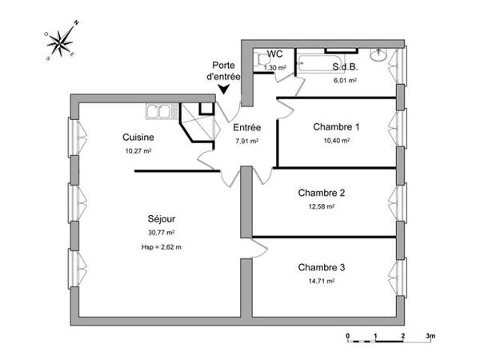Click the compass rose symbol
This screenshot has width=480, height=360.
click(x=62, y=41)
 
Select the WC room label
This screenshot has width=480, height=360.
click(x=275, y=55)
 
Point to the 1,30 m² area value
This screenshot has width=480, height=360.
click(x=275, y=68)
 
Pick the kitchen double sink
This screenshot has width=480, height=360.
click(x=161, y=110)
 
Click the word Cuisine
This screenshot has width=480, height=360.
click(x=138, y=137)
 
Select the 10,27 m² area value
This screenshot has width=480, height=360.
click(x=138, y=150)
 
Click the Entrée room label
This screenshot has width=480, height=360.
click(x=246, y=128)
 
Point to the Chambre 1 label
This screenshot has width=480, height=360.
click(x=336, y=126)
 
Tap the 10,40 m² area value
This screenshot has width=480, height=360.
click(x=336, y=140)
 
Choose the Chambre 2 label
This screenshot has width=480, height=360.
click(x=321, y=193)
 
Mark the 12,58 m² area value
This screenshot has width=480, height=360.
click(x=321, y=206)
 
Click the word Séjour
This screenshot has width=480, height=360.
click(x=161, y=218)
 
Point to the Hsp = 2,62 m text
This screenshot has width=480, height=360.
click(x=161, y=247)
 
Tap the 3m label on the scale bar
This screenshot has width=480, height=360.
click(x=430, y=335)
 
